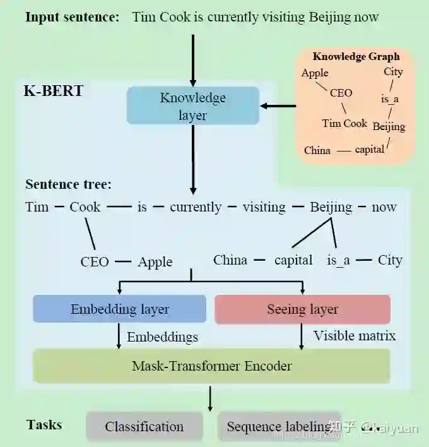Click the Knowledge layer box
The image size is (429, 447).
192,106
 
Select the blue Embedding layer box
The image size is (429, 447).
119,309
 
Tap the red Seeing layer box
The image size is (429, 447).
302,309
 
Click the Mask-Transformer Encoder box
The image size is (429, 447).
211,366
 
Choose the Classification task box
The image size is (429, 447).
144,427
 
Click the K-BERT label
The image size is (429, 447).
54,90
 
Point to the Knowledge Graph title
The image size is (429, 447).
356,56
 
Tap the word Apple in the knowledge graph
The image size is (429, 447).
315,73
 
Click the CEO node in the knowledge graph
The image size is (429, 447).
341,93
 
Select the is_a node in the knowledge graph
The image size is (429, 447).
391,99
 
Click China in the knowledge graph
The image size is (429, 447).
317,150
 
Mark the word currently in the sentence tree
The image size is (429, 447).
196,207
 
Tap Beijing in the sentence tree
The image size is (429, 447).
331,207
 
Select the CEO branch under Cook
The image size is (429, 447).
95,261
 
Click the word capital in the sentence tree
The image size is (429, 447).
293,260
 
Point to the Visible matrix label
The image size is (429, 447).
355,336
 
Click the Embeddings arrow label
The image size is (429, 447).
162,337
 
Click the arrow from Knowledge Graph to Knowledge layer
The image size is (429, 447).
278,106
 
